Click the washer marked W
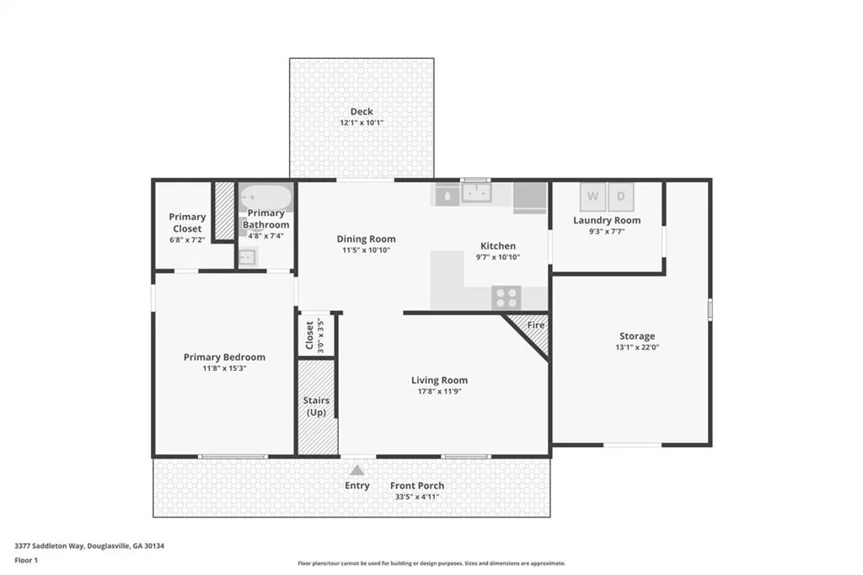(x=592, y=196)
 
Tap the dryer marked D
(x=621, y=196)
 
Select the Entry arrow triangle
(x=357, y=470)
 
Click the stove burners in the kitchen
(x=507, y=298)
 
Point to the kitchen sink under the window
(x=477, y=193)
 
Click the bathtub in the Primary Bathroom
(x=266, y=196)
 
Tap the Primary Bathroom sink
(x=247, y=257)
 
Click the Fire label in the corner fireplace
(x=535, y=325)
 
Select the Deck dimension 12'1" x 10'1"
(x=362, y=123)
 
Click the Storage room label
(x=637, y=336)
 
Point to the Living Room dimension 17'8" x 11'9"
(x=439, y=391)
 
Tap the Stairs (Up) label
(x=317, y=406)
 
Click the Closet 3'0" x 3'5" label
(x=314, y=336)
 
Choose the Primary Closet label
(x=187, y=223)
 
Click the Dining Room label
(x=366, y=239)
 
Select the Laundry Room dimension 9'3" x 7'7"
(x=607, y=232)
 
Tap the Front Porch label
(x=416, y=486)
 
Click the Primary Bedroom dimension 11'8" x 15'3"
(x=224, y=368)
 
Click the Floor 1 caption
(x=26, y=561)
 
